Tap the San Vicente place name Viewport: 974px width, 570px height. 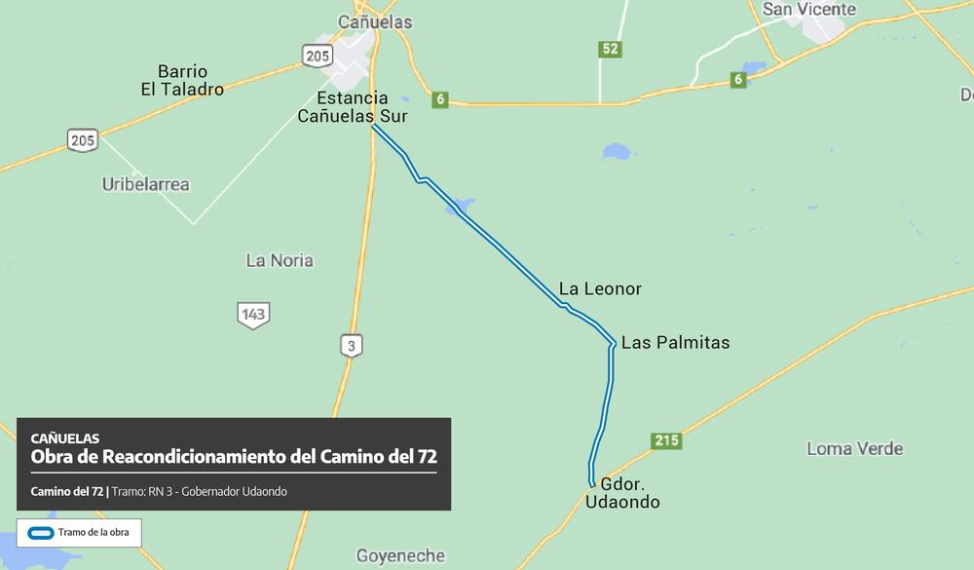(x=808, y=10)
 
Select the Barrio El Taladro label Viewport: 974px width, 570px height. (x=181, y=81)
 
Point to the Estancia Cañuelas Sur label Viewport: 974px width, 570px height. (x=353, y=107)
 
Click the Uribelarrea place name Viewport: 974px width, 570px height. (x=146, y=184)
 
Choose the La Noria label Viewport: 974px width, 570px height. (x=280, y=260)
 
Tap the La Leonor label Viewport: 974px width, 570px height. (x=600, y=289)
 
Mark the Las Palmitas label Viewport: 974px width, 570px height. (x=675, y=343)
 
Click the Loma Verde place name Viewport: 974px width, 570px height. (x=854, y=449)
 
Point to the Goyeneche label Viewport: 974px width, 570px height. (x=400, y=556)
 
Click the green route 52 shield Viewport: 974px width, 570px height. (x=611, y=49)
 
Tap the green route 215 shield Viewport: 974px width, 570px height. (x=666, y=441)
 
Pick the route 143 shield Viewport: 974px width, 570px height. (x=253, y=315)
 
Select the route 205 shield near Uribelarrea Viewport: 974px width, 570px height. (x=83, y=140)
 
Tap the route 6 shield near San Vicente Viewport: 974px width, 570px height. (x=738, y=80)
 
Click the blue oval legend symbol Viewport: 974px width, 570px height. (x=40, y=533)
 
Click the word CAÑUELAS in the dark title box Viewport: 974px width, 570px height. (x=64, y=438)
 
